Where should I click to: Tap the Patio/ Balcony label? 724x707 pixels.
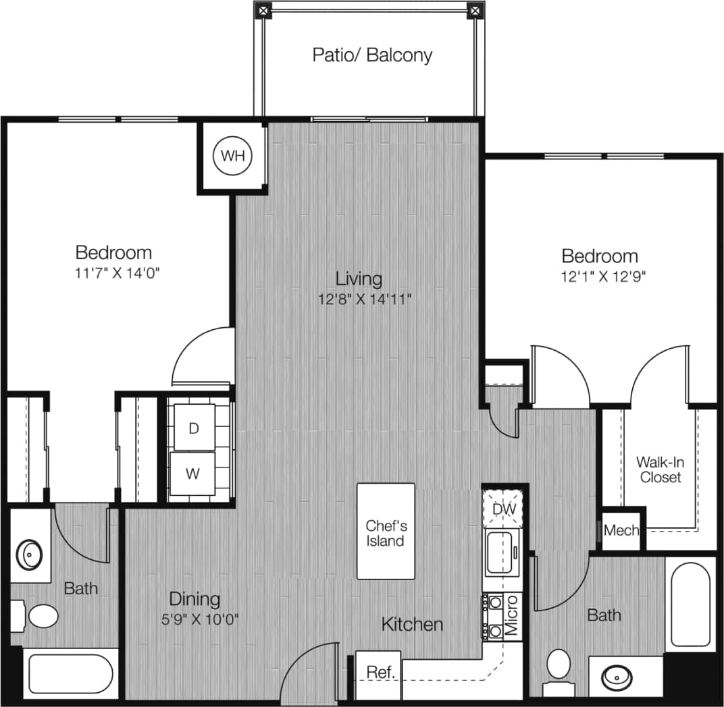(372, 55)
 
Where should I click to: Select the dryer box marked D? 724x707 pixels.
(194, 428)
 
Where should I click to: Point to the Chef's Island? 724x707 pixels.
(386, 532)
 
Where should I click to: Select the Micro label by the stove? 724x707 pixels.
(511, 615)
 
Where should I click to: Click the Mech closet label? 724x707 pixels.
(621, 530)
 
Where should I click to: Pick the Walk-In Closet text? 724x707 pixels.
(658, 470)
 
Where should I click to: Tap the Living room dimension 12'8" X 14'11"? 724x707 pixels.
(365, 299)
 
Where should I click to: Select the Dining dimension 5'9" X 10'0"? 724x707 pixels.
(195, 619)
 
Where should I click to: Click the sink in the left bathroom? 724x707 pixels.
(30, 555)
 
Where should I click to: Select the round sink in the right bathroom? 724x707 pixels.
(616, 676)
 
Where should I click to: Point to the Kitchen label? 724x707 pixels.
(412, 624)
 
